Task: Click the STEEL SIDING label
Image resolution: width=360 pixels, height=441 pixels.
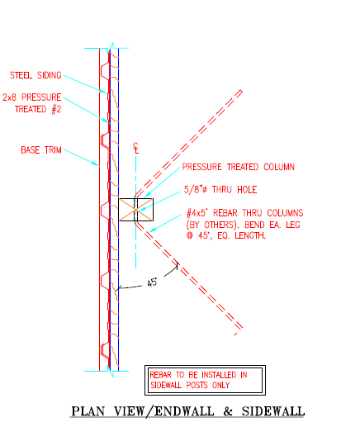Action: click(36, 75)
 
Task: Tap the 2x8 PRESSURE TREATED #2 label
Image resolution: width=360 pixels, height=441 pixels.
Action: click(32, 103)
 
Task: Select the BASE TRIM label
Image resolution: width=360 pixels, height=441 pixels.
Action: click(41, 150)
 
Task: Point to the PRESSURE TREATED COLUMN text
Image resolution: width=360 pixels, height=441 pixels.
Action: click(239, 167)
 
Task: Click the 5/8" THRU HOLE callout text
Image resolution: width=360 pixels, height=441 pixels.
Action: click(220, 190)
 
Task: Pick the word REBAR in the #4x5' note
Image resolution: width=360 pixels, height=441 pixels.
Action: click(225, 213)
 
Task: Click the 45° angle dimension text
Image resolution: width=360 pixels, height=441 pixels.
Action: click(152, 282)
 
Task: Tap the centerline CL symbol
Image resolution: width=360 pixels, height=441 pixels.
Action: click(136, 148)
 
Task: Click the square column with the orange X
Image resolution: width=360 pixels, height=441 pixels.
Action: click(136, 210)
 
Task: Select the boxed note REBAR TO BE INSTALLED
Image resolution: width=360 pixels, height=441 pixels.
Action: click(205, 380)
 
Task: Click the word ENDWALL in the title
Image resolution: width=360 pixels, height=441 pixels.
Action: click(184, 411)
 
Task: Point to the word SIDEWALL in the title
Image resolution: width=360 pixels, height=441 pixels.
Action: click(273, 411)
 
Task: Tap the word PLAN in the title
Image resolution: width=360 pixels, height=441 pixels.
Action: click(88, 411)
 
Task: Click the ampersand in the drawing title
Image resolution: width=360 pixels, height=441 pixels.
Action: click(228, 411)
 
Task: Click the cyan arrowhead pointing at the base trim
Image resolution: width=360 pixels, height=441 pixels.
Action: click(96, 164)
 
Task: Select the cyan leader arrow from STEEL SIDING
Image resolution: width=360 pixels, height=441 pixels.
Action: click(85, 84)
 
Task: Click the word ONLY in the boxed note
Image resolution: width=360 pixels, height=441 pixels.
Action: click(220, 385)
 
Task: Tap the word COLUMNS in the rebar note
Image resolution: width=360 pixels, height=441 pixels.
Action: click(285, 213)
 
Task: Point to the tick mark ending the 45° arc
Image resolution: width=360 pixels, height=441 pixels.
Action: click(178, 266)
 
